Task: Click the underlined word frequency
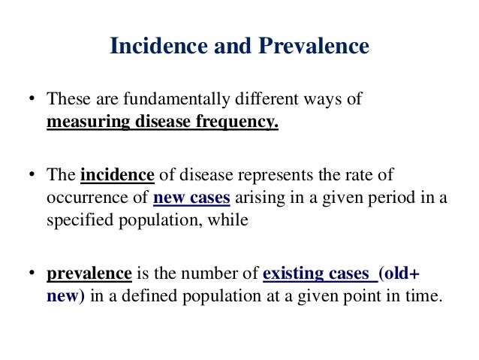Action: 239,122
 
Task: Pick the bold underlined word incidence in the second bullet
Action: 116,175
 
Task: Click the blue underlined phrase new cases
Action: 191,198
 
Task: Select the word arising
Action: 258,198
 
